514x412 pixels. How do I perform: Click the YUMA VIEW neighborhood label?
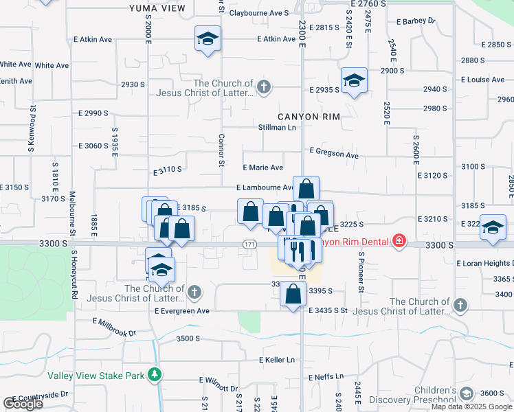pyautogui.click(x=157, y=8)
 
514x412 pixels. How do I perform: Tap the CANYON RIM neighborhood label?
pyautogui.click(x=309, y=117)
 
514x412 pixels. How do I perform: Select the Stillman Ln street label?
pyautogui.click(x=277, y=127)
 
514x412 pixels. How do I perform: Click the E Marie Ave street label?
pyautogui.click(x=263, y=168)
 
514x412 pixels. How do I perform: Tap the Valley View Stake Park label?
pyautogui.click(x=96, y=376)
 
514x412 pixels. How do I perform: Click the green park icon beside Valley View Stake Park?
pyautogui.click(x=156, y=375)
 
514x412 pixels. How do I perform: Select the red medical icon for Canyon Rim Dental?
pyautogui.click(x=399, y=242)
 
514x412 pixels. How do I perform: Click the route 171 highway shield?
pyautogui.click(x=249, y=244)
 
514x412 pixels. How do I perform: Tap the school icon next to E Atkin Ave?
pyautogui.click(x=207, y=39)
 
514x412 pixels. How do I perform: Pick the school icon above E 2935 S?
pyautogui.click(x=355, y=80)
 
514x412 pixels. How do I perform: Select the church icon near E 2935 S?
pyautogui.click(x=263, y=87)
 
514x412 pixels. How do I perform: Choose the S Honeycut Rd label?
pyautogui.click(x=74, y=275)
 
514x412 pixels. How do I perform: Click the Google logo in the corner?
pyautogui.click(x=23, y=404)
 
